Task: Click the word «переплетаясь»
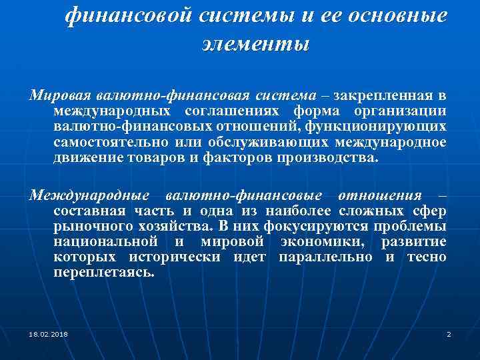point(103,273)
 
